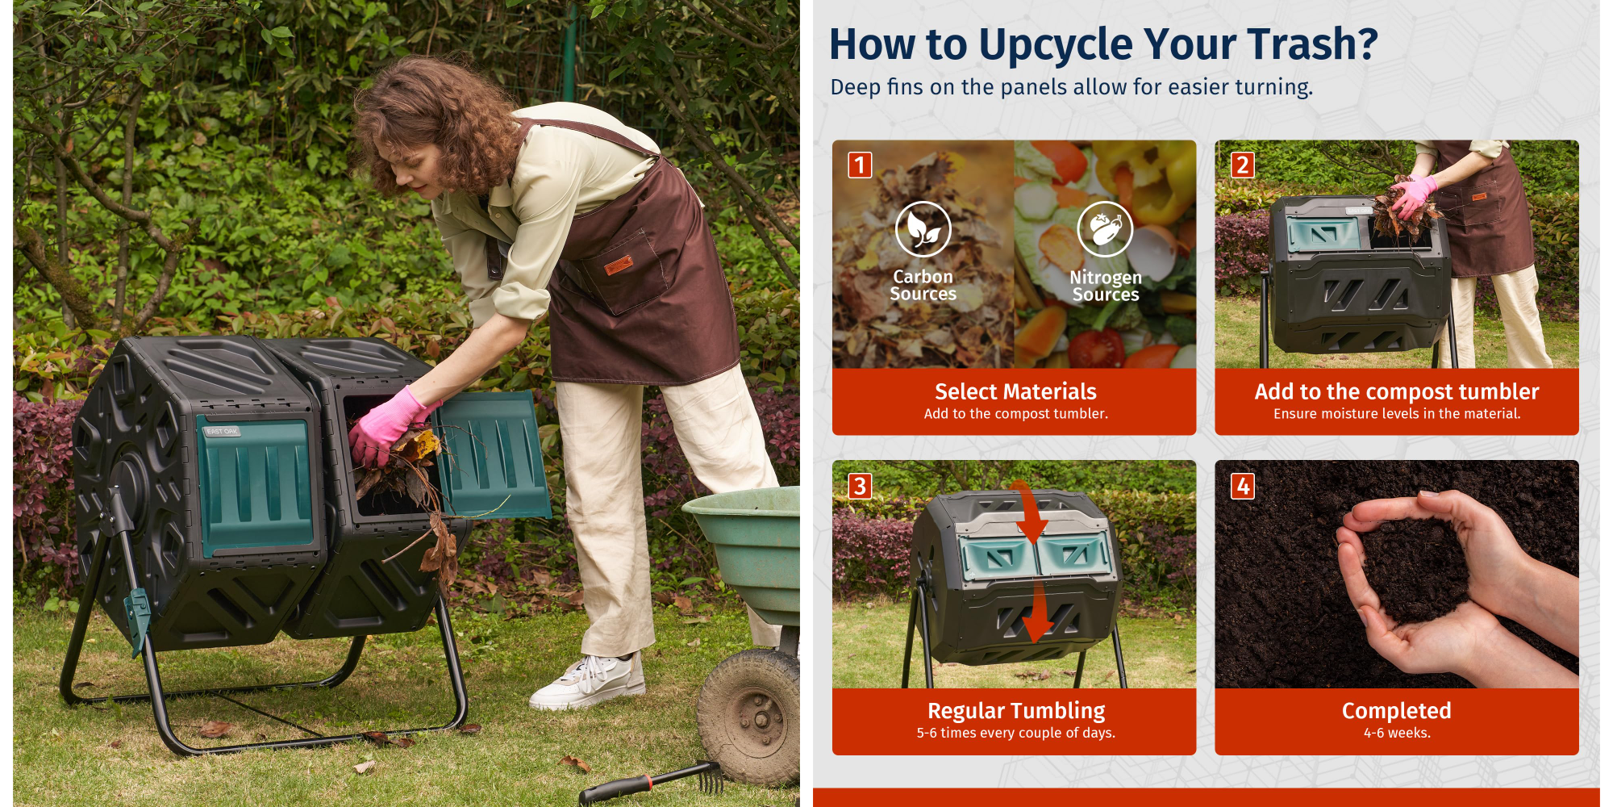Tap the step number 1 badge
pyautogui.click(x=860, y=165)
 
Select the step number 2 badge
pyautogui.click(x=1242, y=165)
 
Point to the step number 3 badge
pyautogui.click(x=860, y=486)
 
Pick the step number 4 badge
pyautogui.click(x=1242, y=486)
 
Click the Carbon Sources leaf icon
pyautogui.click(x=923, y=229)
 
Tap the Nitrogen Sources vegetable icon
pyautogui.click(x=1105, y=229)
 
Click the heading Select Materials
pyautogui.click(x=1015, y=391)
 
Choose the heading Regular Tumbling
pyautogui.click(x=1016, y=711)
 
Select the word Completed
pyautogui.click(x=1396, y=711)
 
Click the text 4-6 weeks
pyautogui.click(x=1397, y=733)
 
